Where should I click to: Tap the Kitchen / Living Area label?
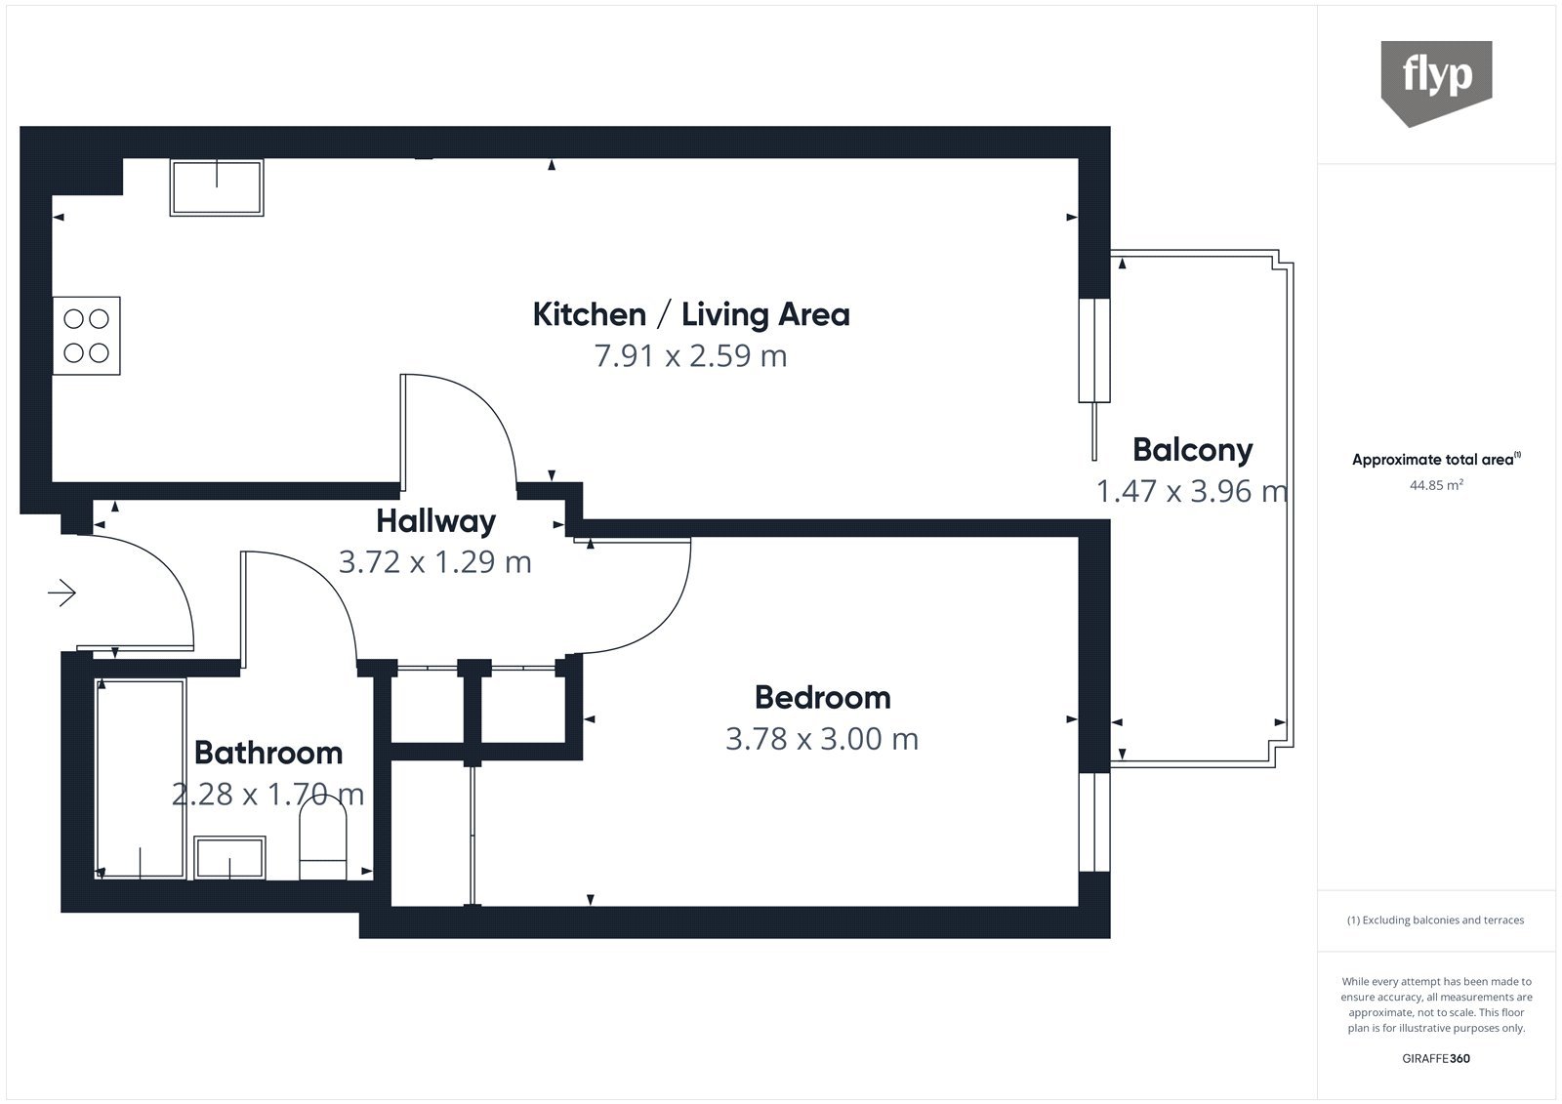point(691,314)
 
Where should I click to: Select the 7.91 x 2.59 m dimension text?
point(690,355)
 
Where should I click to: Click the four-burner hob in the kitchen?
point(87,336)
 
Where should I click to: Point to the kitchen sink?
point(217,186)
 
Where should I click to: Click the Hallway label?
point(435,521)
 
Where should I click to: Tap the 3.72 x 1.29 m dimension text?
point(435,562)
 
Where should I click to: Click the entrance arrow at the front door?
point(62,593)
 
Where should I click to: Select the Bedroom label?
point(823,697)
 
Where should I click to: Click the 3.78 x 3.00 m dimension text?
point(822,739)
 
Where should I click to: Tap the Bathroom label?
point(268,753)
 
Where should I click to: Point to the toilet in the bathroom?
point(323,838)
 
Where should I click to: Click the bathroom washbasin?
point(229,858)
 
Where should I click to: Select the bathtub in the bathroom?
point(141,779)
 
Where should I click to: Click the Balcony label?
point(1192,451)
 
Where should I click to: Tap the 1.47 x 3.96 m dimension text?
point(1192,491)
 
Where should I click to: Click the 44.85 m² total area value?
point(1436,485)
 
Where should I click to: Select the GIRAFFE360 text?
point(1436,1058)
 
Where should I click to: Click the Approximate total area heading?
point(1436,459)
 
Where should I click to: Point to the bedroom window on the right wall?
point(1094,822)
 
